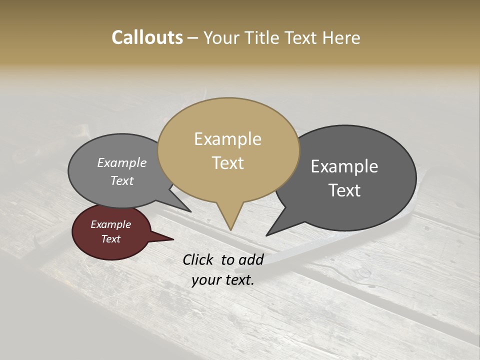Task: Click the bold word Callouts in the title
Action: pos(147,37)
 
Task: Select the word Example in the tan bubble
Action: pos(227,139)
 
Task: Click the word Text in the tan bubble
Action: pos(227,163)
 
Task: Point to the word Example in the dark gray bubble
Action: pos(344,166)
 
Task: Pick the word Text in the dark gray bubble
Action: pos(344,190)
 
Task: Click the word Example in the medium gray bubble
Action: pos(122,163)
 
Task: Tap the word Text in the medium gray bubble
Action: pos(122,180)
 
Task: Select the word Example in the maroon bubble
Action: pos(110,224)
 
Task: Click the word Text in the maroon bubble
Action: pos(110,239)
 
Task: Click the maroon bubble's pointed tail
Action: pos(172,239)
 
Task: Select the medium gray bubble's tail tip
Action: pos(190,211)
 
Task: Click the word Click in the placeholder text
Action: pos(198,259)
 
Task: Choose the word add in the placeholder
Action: pos(252,259)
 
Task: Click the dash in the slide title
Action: pos(193,38)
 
